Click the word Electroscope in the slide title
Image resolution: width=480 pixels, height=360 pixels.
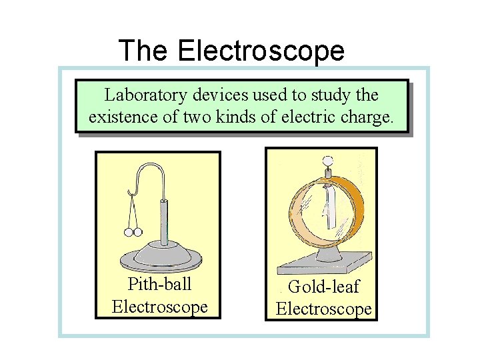[261, 51]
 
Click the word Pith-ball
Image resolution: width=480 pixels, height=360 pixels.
[159, 285]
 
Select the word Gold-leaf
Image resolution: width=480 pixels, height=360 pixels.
[324, 287]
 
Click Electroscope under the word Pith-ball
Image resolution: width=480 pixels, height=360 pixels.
[159, 307]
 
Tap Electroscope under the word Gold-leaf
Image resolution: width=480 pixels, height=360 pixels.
[324, 309]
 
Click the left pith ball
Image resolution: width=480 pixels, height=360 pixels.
[129, 233]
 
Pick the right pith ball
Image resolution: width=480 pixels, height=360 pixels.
[139, 233]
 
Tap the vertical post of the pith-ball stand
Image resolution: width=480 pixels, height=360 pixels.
[163, 220]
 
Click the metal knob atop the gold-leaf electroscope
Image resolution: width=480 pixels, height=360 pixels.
[327, 160]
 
